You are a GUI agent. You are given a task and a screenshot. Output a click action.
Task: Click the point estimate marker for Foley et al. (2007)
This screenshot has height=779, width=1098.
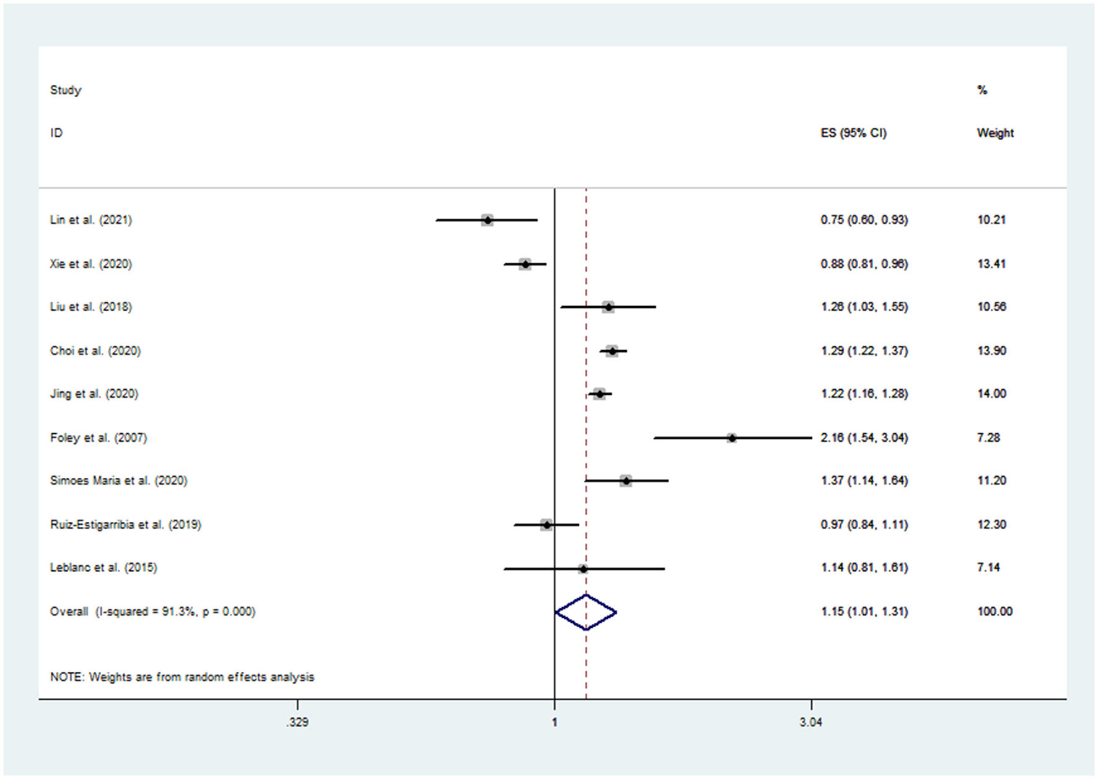tap(732, 438)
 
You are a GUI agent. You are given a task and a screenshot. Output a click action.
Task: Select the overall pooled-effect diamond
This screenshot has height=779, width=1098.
tap(586, 612)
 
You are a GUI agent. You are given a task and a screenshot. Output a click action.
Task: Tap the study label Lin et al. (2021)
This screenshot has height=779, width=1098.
tap(91, 220)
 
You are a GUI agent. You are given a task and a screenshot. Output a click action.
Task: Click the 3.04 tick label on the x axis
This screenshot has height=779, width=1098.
tap(810, 722)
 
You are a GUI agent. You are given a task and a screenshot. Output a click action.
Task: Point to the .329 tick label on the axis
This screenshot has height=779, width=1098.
tap(297, 722)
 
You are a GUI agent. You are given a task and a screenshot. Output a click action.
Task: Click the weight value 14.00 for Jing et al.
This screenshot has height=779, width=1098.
tap(991, 394)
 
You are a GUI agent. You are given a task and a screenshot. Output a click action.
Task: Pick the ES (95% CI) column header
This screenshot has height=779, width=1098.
tap(853, 133)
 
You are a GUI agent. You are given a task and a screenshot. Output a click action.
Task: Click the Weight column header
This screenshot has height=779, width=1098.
tap(995, 133)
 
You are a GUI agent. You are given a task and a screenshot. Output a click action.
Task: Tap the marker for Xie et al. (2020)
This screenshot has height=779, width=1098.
tap(525, 265)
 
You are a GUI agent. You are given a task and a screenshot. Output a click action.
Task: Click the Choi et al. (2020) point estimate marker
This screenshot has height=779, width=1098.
tap(612, 351)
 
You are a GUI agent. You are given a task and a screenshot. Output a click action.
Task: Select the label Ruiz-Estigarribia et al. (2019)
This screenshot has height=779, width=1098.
tap(126, 525)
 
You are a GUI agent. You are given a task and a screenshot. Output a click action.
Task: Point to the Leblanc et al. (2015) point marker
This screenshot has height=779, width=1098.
tap(583, 568)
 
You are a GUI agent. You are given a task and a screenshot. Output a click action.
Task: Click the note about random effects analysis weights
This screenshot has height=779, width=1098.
tap(182, 677)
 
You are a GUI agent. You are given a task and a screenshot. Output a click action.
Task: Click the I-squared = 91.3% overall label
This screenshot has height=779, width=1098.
tap(152, 612)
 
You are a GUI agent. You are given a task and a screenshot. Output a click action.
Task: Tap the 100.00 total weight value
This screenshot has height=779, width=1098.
tap(995, 612)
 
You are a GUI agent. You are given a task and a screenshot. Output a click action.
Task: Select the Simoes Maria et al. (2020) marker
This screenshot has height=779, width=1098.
tap(626, 481)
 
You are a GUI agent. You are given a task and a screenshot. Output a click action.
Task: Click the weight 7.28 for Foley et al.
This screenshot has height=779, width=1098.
tap(988, 438)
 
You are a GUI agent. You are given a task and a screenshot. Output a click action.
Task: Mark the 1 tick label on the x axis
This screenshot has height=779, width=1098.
tap(555, 722)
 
